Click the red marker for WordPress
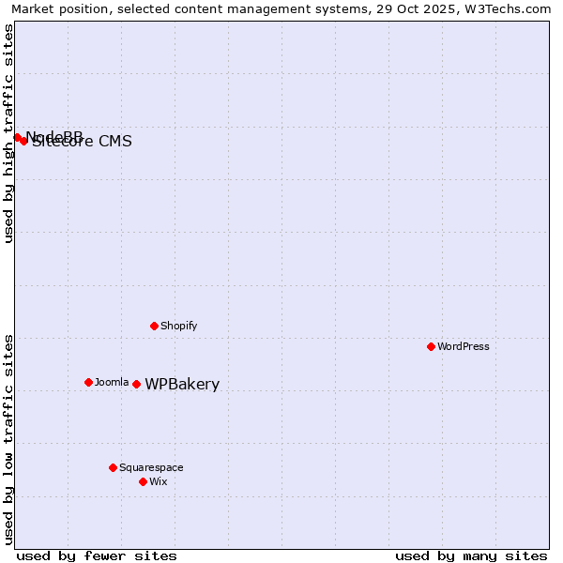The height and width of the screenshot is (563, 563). [431, 346]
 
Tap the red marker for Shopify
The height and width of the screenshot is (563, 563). [154, 326]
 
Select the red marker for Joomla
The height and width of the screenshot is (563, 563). [88, 382]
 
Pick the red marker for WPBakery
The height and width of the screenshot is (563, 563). [136, 384]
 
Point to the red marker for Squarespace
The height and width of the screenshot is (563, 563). [113, 467]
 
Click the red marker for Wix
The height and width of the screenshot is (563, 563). [143, 481]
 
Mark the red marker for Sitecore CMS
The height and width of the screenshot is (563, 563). [23, 141]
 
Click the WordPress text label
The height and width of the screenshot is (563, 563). [464, 346]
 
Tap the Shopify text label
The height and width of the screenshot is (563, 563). [179, 326]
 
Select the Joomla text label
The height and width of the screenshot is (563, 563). [112, 382]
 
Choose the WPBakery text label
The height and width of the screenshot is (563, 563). [182, 384]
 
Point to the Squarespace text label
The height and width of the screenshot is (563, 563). [151, 467]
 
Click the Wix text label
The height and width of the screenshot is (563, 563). [159, 481]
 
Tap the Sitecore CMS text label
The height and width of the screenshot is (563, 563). [83, 142]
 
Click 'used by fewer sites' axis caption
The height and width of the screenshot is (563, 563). [97, 555]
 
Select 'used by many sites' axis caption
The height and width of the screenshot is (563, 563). [471, 555]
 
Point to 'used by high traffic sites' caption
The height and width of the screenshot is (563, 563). [8, 133]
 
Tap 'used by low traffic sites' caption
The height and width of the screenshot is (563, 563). [8, 438]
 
